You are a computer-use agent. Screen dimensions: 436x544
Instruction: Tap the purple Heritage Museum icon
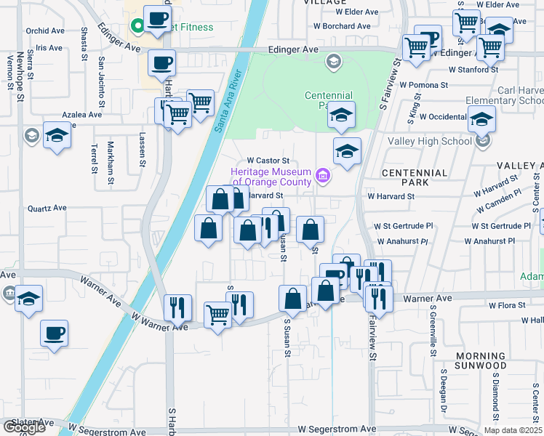(x=324, y=175)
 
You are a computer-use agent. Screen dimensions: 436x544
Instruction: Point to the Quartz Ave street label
(x=47, y=208)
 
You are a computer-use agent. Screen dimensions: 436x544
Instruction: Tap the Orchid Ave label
(x=45, y=31)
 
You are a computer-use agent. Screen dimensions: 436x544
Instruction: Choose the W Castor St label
(x=268, y=161)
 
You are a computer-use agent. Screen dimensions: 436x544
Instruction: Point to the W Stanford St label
(x=473, y=70)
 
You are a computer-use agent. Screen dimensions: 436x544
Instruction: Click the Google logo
(x=24, y=427)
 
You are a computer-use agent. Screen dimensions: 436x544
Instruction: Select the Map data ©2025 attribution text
(x=513, y=430)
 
